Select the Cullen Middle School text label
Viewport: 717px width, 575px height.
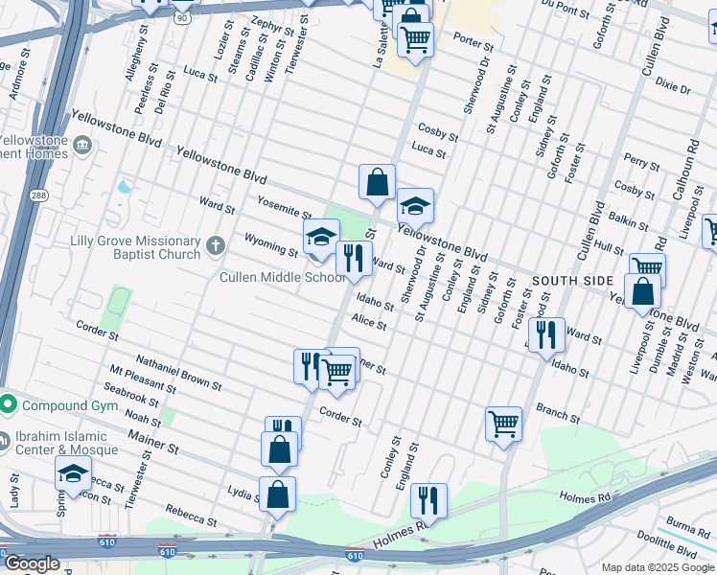pos(282,278)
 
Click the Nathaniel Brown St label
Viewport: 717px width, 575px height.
pos(179,372)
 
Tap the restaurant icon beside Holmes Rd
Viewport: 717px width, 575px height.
pos(428,500)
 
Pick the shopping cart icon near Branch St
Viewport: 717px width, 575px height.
pos(503,424)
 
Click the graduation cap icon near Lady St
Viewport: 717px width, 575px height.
pos(73,473)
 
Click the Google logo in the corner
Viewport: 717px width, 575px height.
pos(32,563)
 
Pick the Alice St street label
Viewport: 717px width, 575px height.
pos(368,322)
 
